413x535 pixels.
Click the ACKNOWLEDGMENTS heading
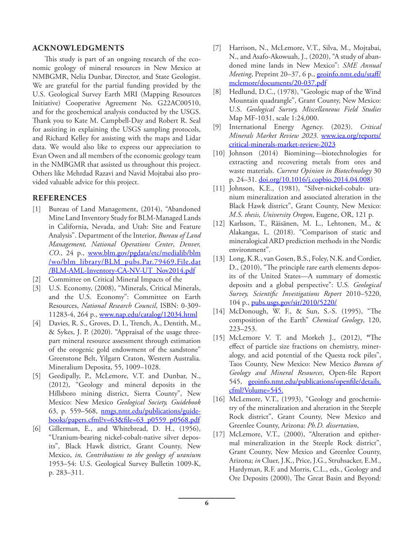(78, 48)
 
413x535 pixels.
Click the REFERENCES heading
(60, 198)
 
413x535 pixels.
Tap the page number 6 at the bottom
(206, 503)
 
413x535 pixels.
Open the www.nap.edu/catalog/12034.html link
(148, 314)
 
